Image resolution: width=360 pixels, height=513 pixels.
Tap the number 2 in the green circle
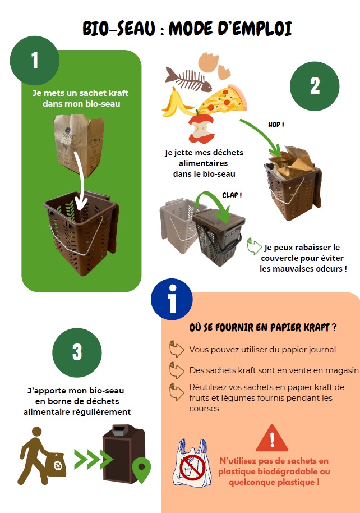point(315,86)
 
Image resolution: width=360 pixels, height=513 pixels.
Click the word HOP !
point(276,124)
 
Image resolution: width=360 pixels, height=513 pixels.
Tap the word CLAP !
point(232,195)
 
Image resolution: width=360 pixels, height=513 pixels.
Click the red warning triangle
point(272,438)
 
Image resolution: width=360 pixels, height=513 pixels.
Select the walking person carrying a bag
point(41,455)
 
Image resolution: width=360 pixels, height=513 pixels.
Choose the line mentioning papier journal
point(262,350)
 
